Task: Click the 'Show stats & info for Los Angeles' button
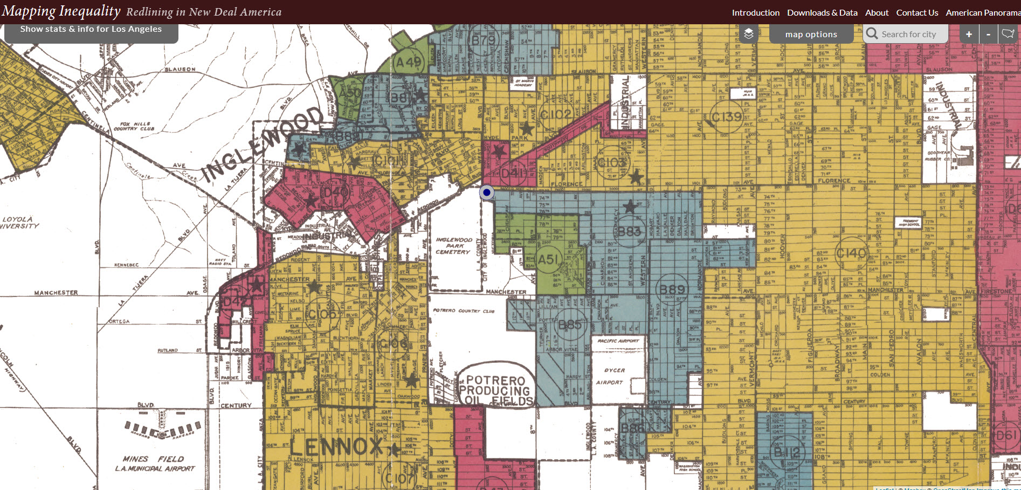click(91, 30)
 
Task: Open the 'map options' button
click(811, 34)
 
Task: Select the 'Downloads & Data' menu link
click(822, 12)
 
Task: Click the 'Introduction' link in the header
click(755, 12)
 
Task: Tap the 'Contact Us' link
click(917, 12)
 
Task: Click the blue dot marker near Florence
click(487, 192)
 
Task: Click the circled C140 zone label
click(851, 253)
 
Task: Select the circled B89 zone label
click(672, 290)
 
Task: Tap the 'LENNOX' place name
click(336, 447)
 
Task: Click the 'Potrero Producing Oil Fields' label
click(495, 390)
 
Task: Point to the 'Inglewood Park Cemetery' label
click(453, 246)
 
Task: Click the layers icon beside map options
click(749, 34)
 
